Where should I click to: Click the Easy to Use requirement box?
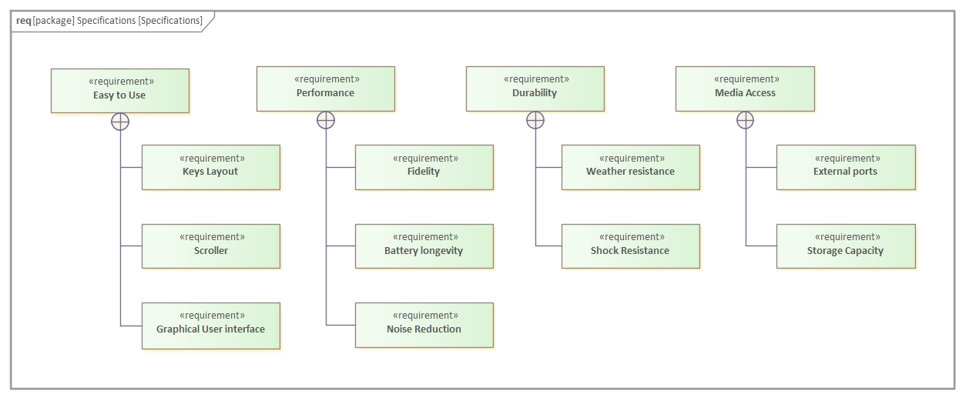point(119,90)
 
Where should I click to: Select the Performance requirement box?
point(325,89)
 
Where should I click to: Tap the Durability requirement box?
point(535,89)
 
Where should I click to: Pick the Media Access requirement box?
point(744,89)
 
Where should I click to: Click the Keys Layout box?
point(210,167)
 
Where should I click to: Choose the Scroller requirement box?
point(210,246)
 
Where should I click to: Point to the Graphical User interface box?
point(210,326)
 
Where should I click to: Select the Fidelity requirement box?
point(424,167)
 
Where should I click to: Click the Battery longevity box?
point(424,246)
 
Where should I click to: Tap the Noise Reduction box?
point(424,325)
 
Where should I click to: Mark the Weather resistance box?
point(630,167)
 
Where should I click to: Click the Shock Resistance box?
point(630,246)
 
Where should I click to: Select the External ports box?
point(845,167)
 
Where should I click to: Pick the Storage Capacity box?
point(845,246)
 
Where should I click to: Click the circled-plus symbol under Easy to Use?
point(120,121)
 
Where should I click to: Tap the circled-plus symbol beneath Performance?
point(326,119)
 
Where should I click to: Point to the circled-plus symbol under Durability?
point(535,119)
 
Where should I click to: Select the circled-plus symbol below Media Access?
point(745,119)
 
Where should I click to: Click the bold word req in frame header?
point(23,21)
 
